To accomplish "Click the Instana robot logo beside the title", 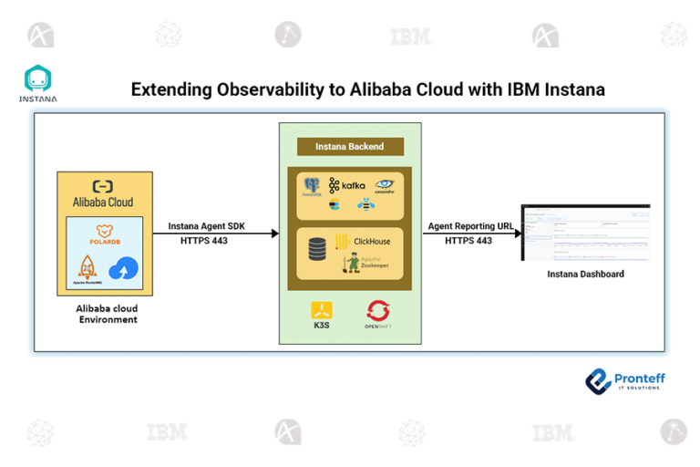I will point(37,80).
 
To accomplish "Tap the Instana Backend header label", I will point(349,146).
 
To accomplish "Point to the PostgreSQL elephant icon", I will point(313,187).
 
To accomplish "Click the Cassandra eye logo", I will point(384,186).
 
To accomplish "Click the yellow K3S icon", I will point(321,312).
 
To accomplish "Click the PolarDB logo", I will point(103,235).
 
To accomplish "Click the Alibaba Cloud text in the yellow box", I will point(103,202).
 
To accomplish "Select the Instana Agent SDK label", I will point(205,225).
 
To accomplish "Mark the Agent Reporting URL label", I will point(470,225).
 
